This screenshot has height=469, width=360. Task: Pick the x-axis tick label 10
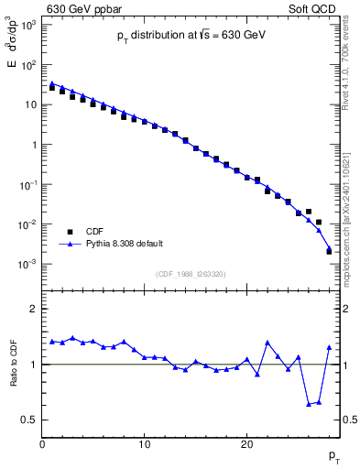pyautogui.click(x=145, y=445)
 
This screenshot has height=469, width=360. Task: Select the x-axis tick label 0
pyautogui.click(x=42, y=445)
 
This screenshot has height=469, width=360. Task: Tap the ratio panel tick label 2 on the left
pyautogui.click(x=33, y=309)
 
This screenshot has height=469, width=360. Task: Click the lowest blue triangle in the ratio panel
pyautogui.click(x=309, y=404)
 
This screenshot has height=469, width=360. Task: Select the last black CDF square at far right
pyautogui.click(x=329, y=251)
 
